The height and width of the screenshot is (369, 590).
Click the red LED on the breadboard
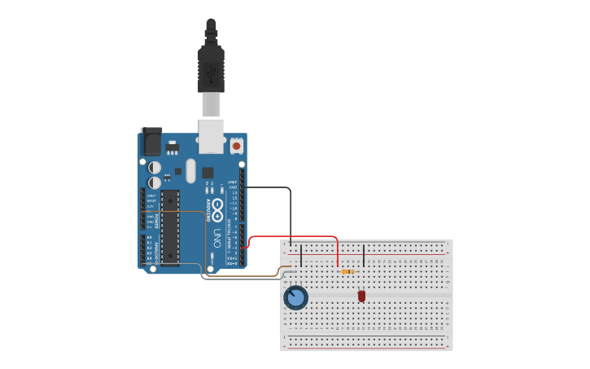(361, 296)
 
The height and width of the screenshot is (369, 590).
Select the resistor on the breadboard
(347, 271)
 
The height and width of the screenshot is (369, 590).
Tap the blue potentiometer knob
(295, 298)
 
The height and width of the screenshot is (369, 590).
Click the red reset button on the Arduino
(236, 146)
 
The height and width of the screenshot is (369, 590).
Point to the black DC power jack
(151, 142)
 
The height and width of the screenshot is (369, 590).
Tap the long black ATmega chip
(170, 227)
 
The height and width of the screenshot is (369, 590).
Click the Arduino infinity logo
(217, 207)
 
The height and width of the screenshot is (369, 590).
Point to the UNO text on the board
(217, 238)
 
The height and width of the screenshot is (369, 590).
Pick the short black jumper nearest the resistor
(363, 255)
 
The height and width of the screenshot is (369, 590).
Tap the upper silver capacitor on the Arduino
(155, 167)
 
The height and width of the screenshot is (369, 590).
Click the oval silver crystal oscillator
(190, 170)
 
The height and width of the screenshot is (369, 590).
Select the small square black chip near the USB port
(208, 173)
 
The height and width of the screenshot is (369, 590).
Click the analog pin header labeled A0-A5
(142, 251)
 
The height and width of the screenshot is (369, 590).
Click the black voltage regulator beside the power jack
(173, 147)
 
